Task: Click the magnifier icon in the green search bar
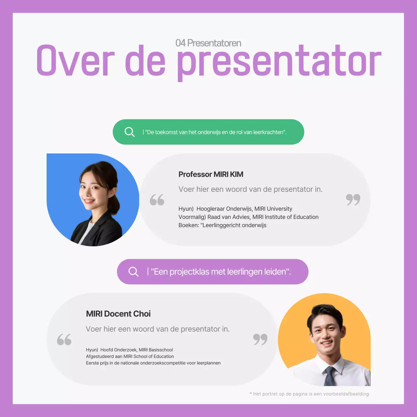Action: (x=129, y=132)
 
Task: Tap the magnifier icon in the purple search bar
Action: (x=134, y=272)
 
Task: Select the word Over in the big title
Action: (x=75, y=61)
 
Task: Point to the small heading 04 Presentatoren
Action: (x=208, y=43)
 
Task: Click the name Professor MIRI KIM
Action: (x=211, y=174)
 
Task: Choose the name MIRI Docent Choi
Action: (x=118, y=314)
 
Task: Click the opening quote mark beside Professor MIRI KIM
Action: (x=157, y=200)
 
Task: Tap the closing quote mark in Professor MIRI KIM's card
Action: (x=353, y=199)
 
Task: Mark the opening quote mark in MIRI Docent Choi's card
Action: (x=64, y=339)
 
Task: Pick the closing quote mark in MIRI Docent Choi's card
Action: (x=260, y=339)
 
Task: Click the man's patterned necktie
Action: (x=330, y=376)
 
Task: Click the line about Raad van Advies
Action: (x=248, y=217)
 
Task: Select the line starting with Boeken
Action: (x=222, y=225)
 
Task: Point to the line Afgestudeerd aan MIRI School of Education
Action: (x=130, y=356)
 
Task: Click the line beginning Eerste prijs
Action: (x=153, y=363)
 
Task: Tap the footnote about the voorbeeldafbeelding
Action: (x=309, y=394)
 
